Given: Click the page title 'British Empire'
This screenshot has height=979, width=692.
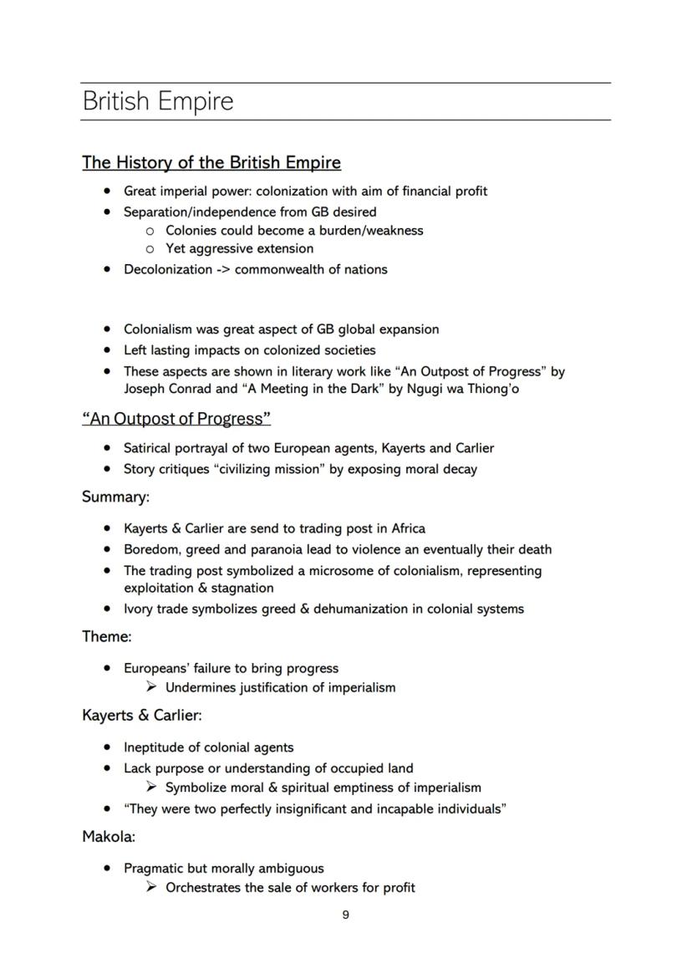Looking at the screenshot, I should [158, 102].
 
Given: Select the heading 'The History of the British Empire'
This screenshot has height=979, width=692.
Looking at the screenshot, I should [211, 162].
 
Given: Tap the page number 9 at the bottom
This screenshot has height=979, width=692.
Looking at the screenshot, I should [346, 915].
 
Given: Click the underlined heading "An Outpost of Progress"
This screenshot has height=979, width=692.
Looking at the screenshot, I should [176, 418].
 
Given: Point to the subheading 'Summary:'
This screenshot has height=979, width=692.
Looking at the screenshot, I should [115, 497].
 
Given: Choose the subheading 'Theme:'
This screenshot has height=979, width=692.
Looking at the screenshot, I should [107, 637].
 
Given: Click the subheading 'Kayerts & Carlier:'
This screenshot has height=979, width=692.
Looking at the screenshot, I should [142, 716].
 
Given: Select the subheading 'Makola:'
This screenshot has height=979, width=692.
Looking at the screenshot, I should [109, 836].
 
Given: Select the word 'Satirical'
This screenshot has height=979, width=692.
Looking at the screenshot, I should [151, 448].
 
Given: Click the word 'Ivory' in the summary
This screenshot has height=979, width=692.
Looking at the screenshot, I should [139, 609].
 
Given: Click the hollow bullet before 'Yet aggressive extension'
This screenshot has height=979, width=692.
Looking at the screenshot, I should [150, 249].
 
